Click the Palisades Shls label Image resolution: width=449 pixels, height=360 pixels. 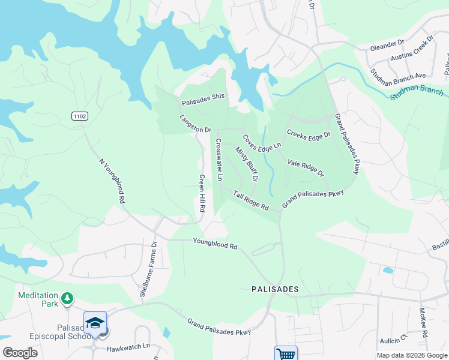coord(203,103)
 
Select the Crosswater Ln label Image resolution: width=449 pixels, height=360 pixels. coord(219,160)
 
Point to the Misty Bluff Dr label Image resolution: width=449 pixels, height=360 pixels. coord(247,164)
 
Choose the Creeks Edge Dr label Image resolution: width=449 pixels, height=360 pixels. coord(309,135)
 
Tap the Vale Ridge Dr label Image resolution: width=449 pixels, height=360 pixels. coord(306,168)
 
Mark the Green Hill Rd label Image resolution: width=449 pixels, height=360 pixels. coord(202,193)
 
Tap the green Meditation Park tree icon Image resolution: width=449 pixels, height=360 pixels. coord(68,298)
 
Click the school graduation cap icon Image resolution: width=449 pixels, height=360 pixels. coord(95,323)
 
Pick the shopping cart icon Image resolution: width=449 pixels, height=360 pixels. coord(286,353)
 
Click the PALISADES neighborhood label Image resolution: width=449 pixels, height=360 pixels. coord(274,289)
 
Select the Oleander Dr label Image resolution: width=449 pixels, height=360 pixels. coord(388,44)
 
